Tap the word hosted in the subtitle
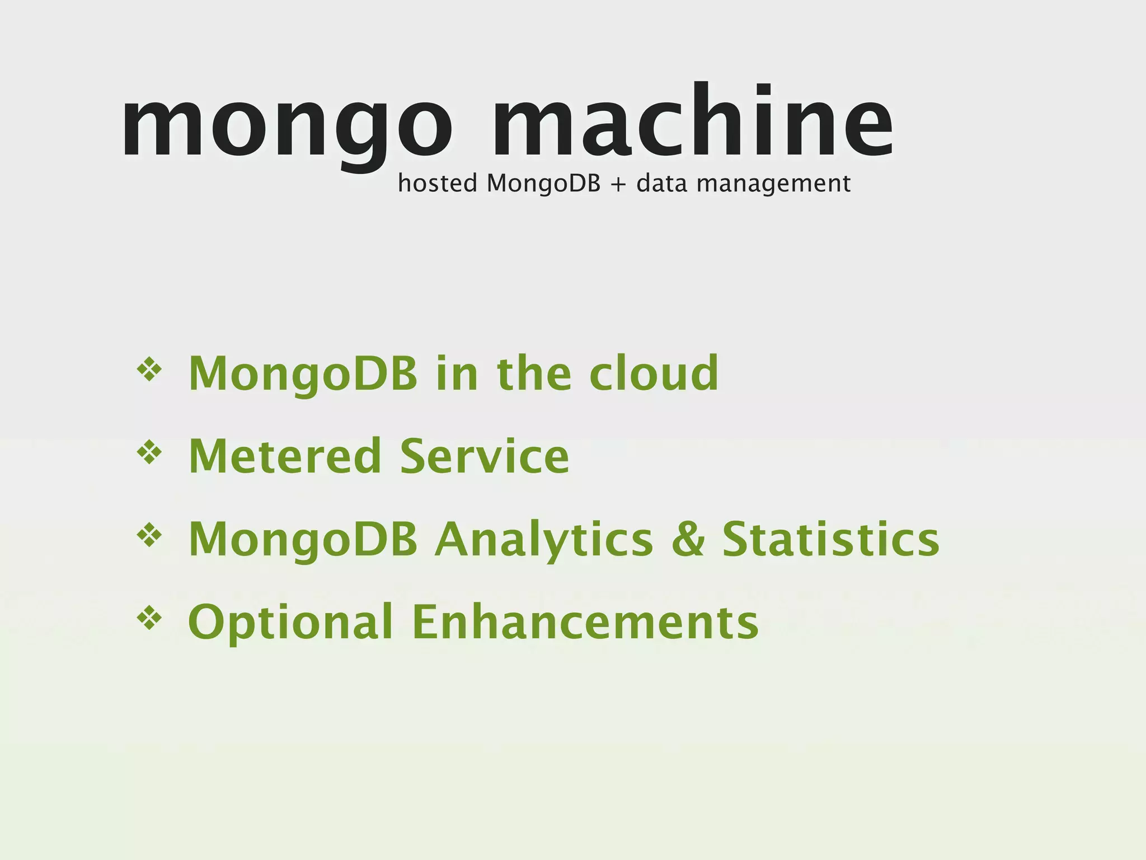437,183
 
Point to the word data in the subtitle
661,183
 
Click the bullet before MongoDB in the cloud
149,370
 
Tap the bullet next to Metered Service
149,452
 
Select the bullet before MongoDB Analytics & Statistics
149,535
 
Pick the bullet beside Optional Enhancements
149,618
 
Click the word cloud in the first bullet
654,373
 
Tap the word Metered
285,456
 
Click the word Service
485,456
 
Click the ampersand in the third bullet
688,539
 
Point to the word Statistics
830,539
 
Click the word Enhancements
585,621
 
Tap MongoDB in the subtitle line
543,184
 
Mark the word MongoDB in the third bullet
303,539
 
